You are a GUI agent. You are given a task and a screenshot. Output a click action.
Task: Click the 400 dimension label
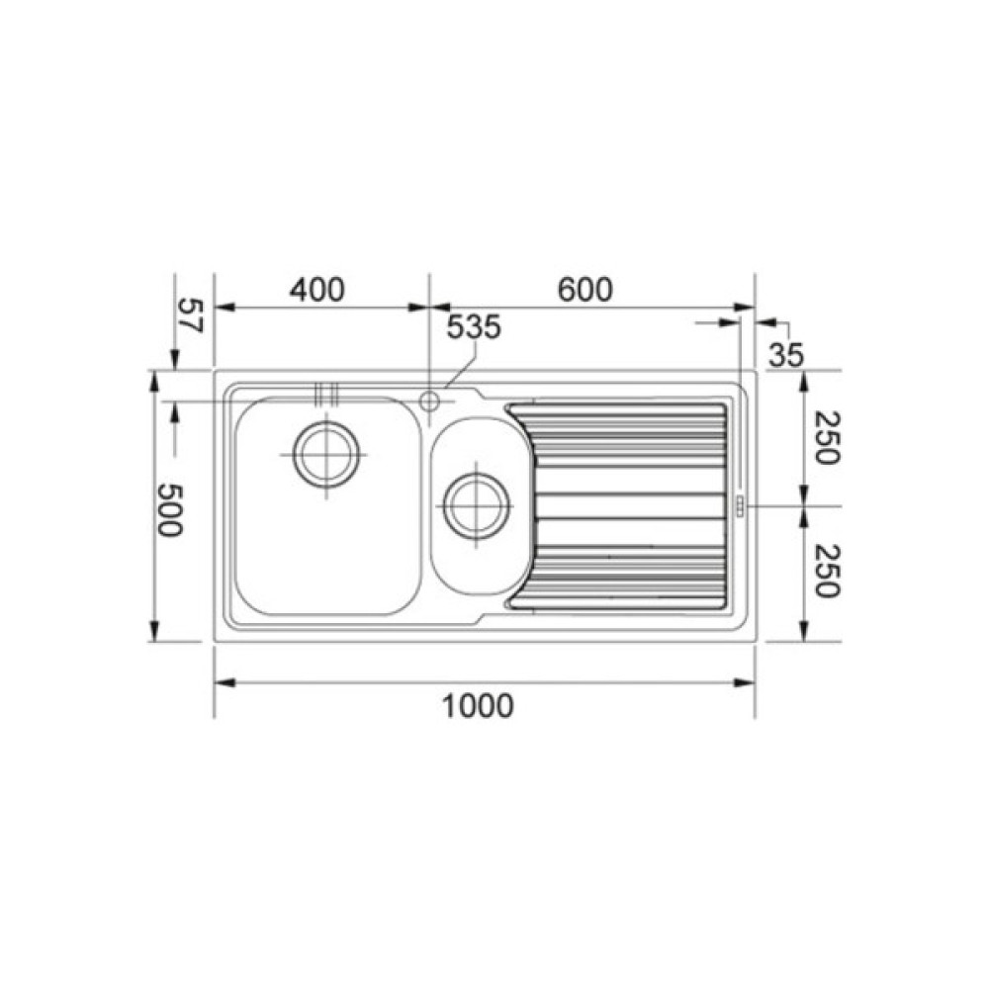[x=317, y=290]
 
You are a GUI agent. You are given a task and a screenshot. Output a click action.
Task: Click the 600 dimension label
[x=584, y=290]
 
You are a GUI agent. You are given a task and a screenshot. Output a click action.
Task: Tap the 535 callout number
[x=475, y=326]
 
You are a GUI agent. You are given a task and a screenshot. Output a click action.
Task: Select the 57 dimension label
[x=190, y=315]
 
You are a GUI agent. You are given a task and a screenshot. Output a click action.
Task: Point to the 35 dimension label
[x=786, y=355]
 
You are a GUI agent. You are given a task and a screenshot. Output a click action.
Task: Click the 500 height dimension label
[x=169, y=509]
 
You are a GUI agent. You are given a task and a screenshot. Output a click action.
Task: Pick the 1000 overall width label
[x=478, y=705]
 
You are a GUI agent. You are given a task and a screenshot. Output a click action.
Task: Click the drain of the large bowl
[x=326, y=454]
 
